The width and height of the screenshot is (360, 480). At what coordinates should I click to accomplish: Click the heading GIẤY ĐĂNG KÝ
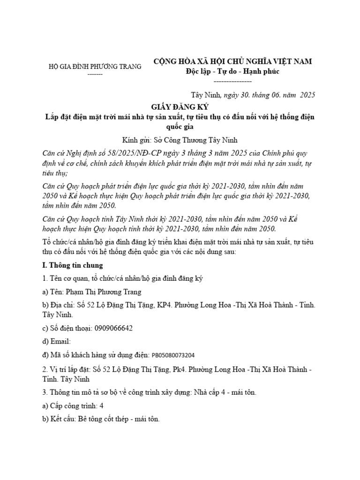point(180,107)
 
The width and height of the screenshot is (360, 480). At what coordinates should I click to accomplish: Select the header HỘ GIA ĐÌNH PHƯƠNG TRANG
point(95,67)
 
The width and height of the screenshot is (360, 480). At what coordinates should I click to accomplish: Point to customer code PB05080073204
point(173,355)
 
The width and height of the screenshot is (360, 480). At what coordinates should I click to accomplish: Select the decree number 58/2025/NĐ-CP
point(113,154)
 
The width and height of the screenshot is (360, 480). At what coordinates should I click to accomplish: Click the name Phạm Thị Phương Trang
point(97,292)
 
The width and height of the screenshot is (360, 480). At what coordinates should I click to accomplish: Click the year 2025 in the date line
point(307,94)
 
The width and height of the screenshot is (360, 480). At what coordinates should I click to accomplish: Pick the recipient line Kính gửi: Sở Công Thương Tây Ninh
point(180,140)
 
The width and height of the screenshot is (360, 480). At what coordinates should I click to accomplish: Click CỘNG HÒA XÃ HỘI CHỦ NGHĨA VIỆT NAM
point(233,61)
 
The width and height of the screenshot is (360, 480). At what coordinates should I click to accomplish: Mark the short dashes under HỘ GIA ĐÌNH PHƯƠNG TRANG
point(95,74)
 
